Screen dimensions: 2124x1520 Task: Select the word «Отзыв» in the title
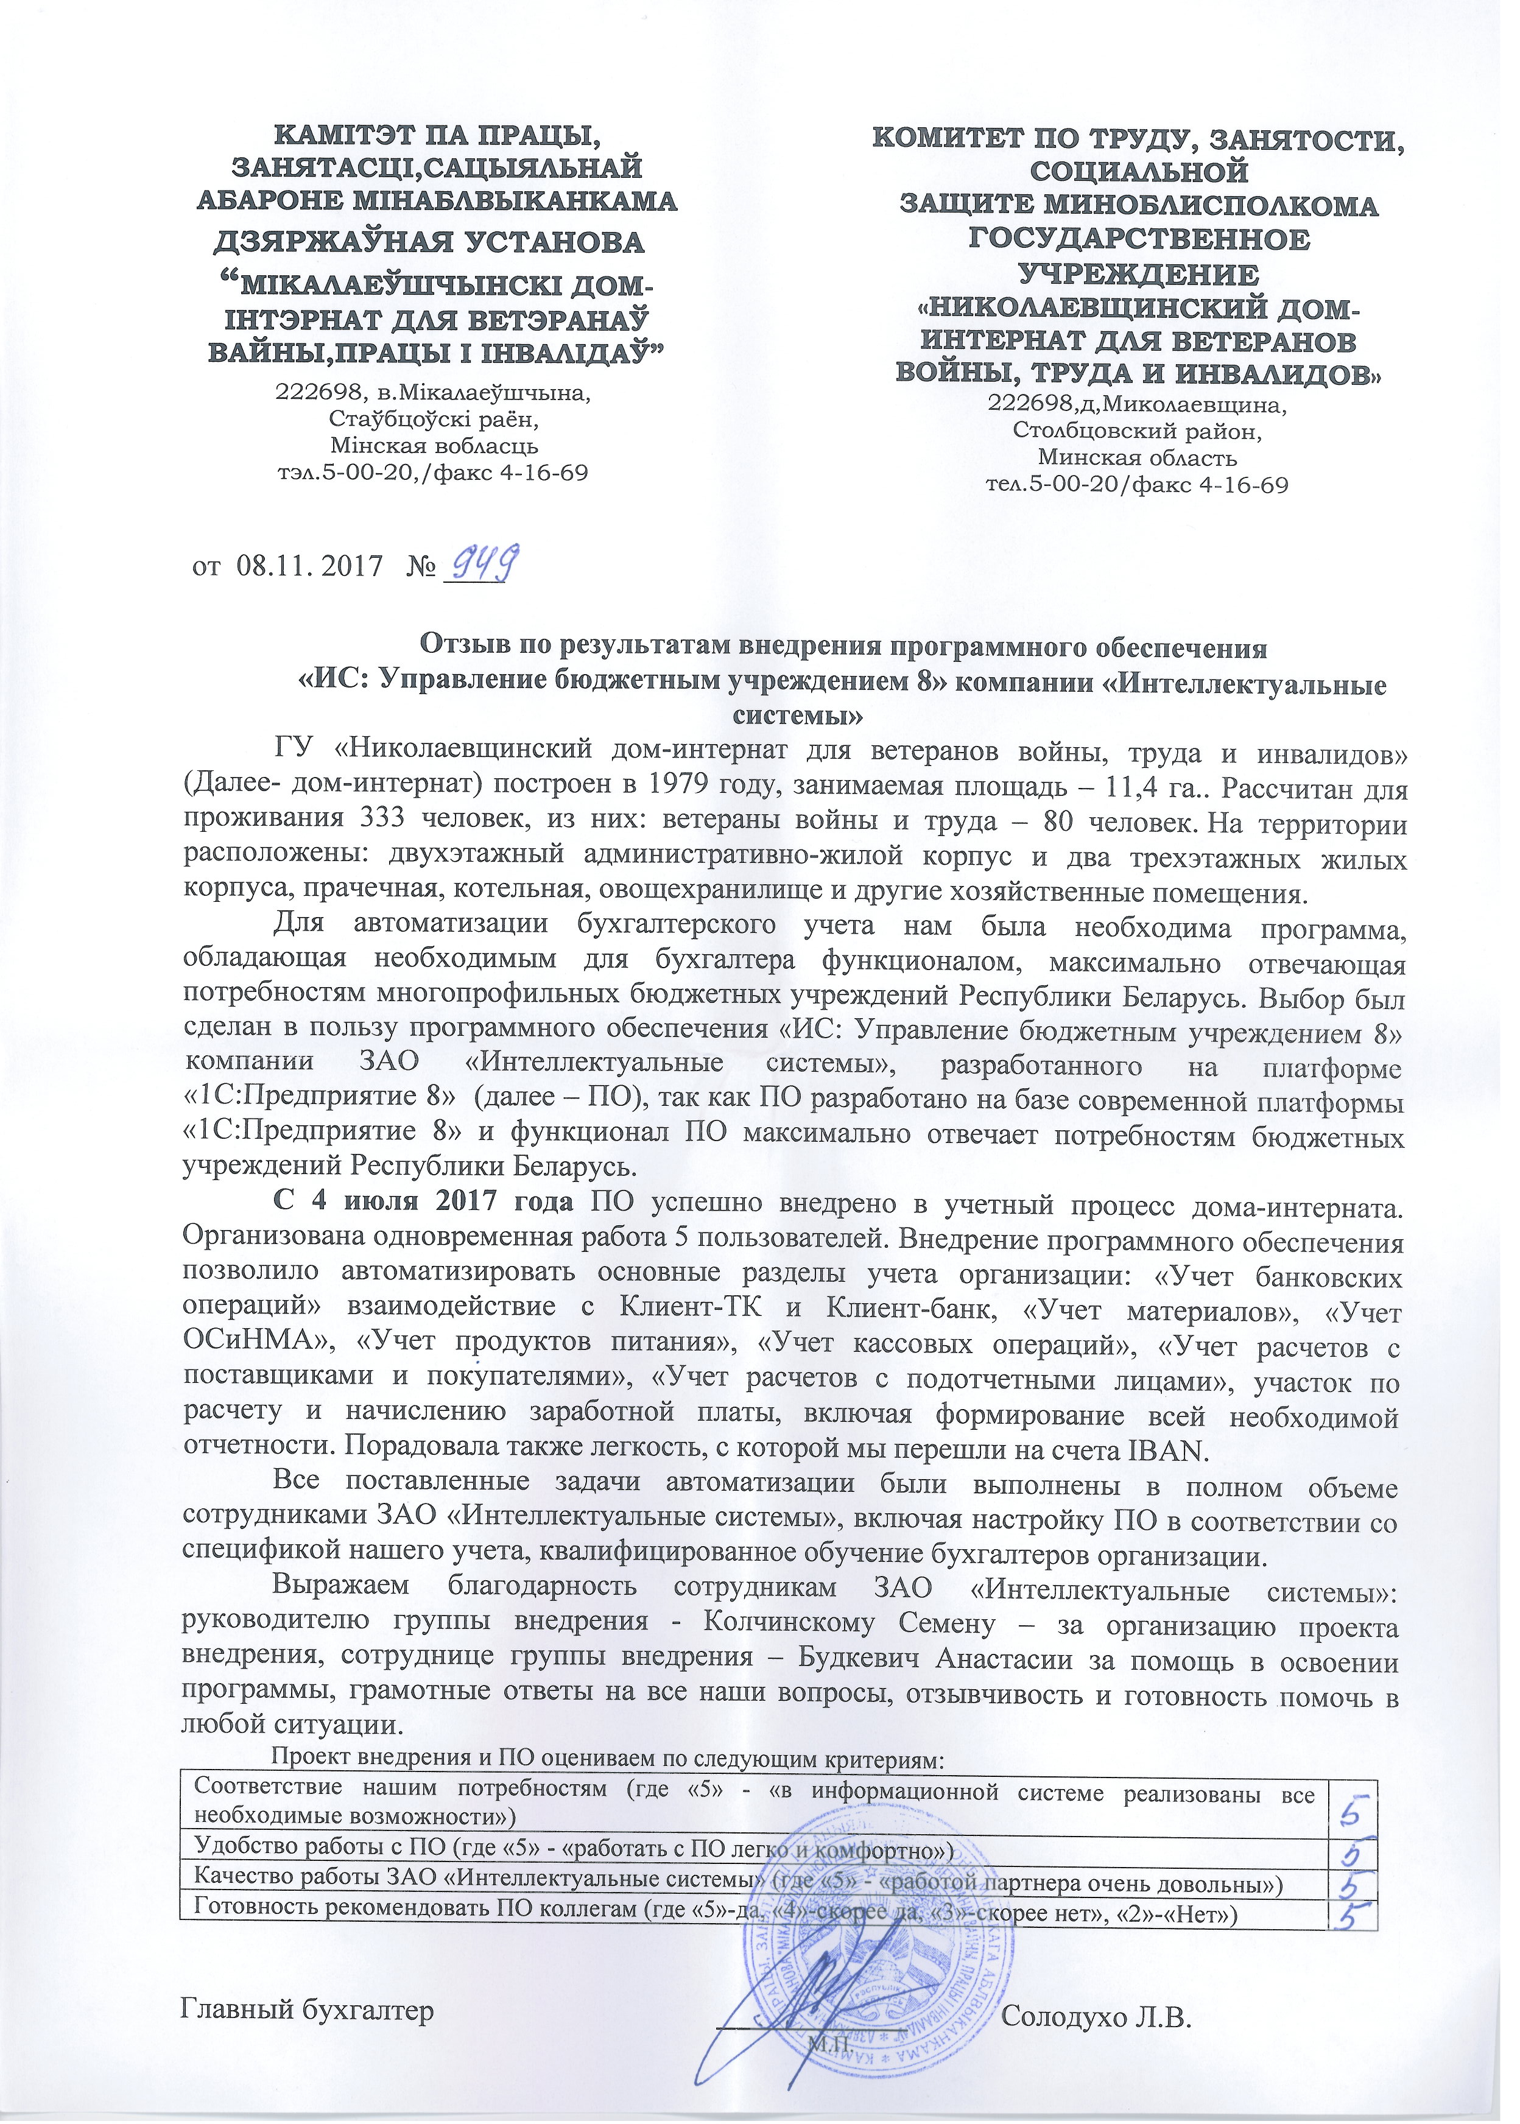tap(462, 647)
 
